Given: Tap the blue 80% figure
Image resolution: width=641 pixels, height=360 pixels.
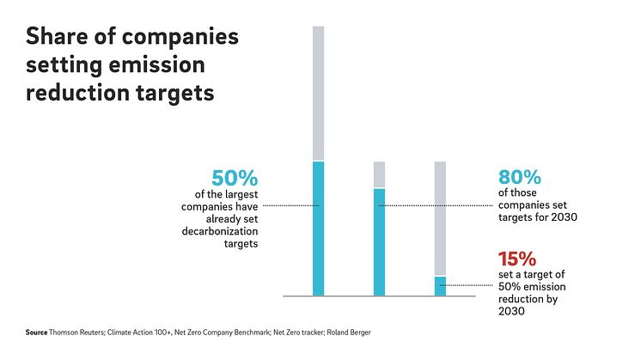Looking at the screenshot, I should click(519, 179).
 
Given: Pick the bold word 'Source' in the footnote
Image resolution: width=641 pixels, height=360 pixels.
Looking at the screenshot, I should click(36, 332).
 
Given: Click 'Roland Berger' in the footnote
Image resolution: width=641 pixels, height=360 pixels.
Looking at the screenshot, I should click(351, 332).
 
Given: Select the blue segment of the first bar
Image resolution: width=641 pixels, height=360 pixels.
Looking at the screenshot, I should click(318, 229).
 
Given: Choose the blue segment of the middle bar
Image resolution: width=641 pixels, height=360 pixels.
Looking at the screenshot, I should click(379, 241).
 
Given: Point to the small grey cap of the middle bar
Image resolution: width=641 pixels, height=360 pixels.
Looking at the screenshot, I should click(379, 174).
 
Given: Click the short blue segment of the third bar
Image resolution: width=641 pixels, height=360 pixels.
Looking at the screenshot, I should click(440, 285).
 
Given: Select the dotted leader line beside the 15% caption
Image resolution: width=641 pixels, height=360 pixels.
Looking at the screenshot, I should click(468, 285).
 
